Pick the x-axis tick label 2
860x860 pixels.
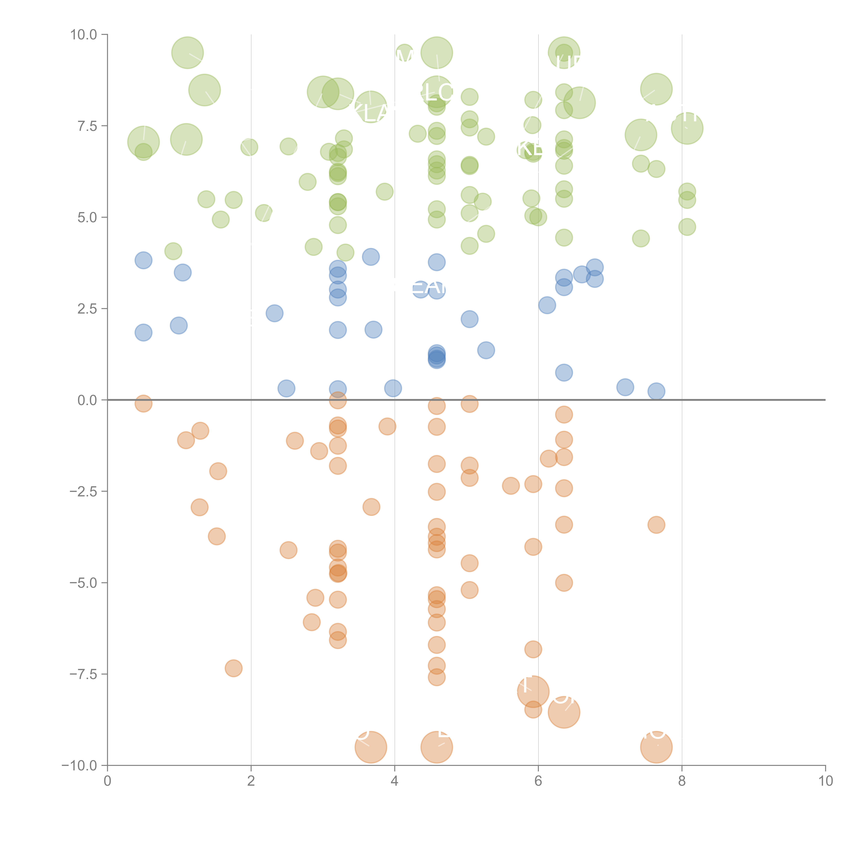[x=251, y=781]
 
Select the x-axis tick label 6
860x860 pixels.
[x=538, y=781]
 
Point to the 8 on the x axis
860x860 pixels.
[x=682, y=781]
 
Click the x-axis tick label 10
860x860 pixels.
[x=825, y=781]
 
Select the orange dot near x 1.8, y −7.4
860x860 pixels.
[x=233, y=668]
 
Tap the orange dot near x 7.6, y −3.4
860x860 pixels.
[x=656, y=525]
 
